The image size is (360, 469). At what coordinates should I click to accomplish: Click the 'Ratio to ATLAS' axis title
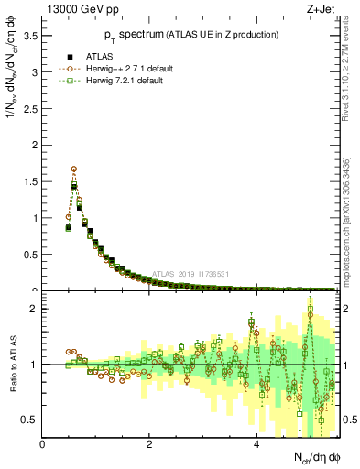12,366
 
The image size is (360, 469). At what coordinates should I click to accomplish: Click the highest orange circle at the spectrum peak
73,169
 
